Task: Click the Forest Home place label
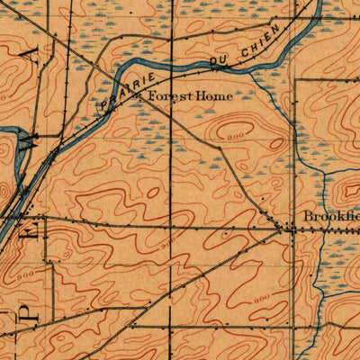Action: click(190, 95)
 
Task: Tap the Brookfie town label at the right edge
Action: click(330, 217)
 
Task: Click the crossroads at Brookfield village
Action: click(291, 229)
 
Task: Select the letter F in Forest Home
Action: click(152, 95)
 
